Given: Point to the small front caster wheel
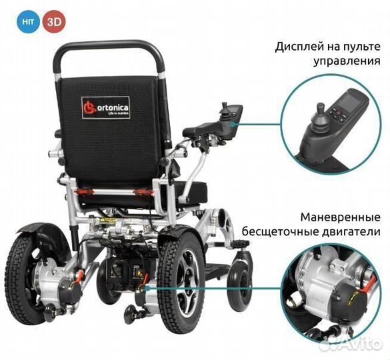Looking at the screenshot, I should click(241, 285).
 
